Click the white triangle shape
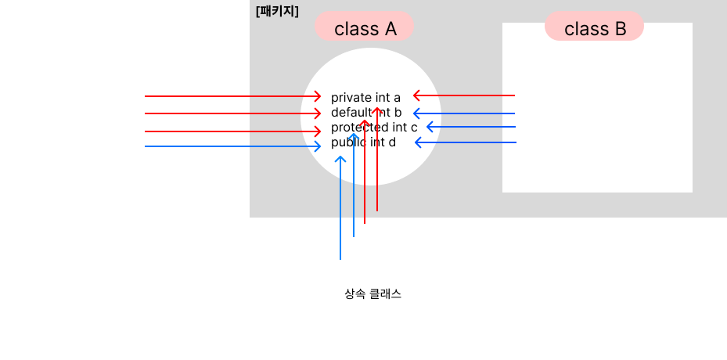coord(110,133)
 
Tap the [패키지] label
coord(277,12)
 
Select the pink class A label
coord(365,28)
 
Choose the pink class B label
coord(595,28)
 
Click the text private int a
coord(365,97)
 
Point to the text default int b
coord(365,113)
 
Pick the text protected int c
coord(373,128)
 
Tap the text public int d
coord(363,142)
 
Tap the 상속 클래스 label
coord(372,294)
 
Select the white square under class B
coord(597,117)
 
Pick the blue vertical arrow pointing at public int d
coord(340,211)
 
